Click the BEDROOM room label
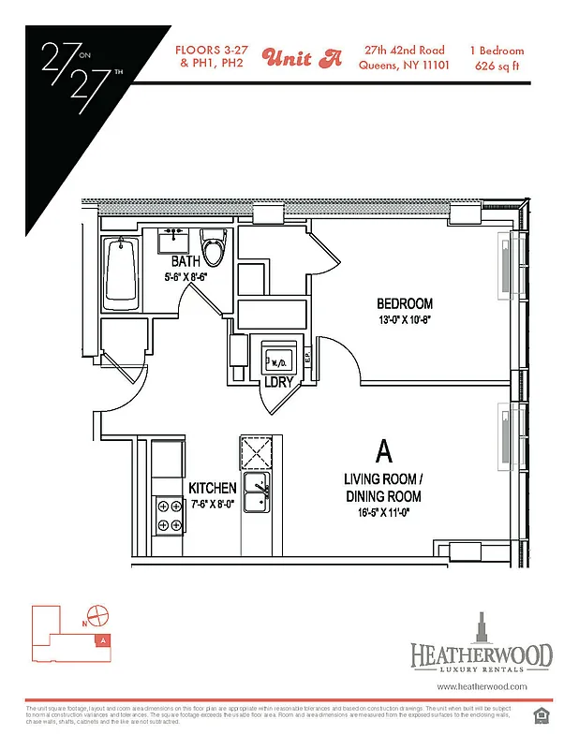405,303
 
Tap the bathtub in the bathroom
122,272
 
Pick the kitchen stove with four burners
170,515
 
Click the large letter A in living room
382,451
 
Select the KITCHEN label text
213,489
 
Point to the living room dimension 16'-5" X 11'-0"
382,512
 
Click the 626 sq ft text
499,66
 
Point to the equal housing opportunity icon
540,716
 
